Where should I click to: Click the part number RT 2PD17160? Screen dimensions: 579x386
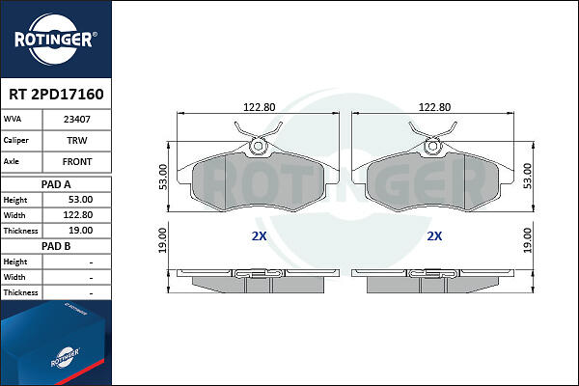point(56,95)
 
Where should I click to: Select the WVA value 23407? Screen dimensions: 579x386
point(77,120)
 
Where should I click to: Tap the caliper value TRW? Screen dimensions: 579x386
point(77,140)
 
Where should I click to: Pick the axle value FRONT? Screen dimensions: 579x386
point(77,162)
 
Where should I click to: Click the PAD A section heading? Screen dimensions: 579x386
point(56,184)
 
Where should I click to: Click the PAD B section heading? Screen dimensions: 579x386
point(56,246)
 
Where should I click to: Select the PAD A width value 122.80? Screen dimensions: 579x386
point(78,215)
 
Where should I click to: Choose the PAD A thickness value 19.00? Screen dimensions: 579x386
point(80,231)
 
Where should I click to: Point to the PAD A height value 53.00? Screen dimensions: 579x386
point(80,200)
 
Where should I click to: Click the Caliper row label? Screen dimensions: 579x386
point(15,140)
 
